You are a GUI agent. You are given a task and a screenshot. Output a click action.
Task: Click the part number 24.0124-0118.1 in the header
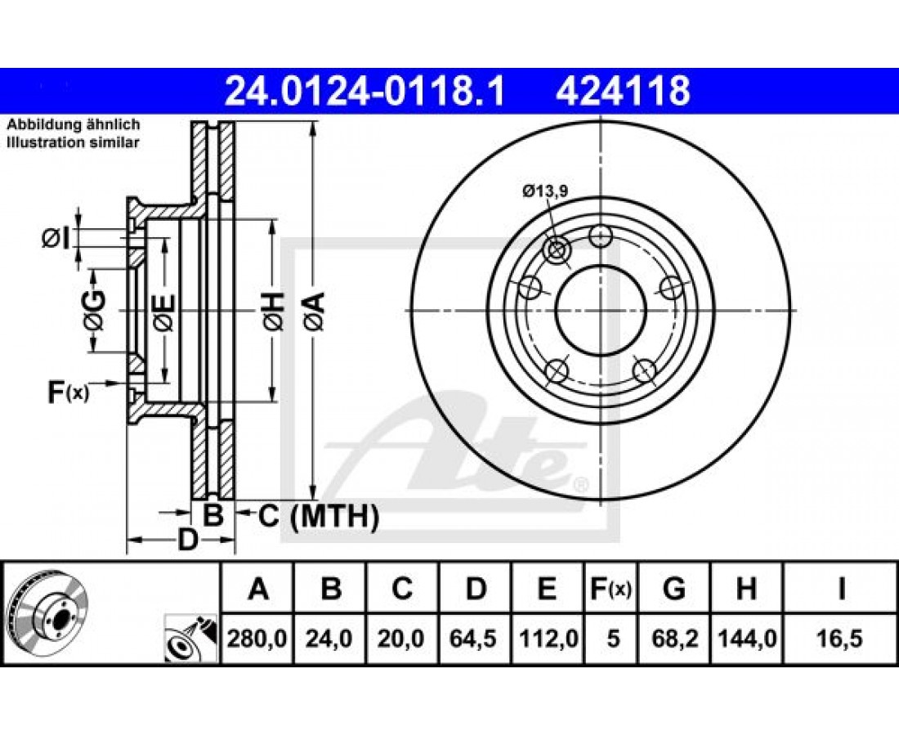(x=365, y=92)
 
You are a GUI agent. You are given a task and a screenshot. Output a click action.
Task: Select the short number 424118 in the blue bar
(x=623, y=92)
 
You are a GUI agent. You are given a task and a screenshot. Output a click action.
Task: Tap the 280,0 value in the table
(x=257, y=638)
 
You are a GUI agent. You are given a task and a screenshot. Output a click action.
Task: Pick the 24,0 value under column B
(x=329, y=638)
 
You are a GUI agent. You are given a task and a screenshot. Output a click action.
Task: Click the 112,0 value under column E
(x=547, y=638)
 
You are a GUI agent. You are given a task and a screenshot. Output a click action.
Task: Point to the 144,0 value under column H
(x=746, y=638)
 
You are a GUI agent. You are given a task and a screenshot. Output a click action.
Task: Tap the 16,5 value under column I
(x=840, y=638)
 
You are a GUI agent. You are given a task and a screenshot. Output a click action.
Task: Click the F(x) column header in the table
(x=611, y=589)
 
